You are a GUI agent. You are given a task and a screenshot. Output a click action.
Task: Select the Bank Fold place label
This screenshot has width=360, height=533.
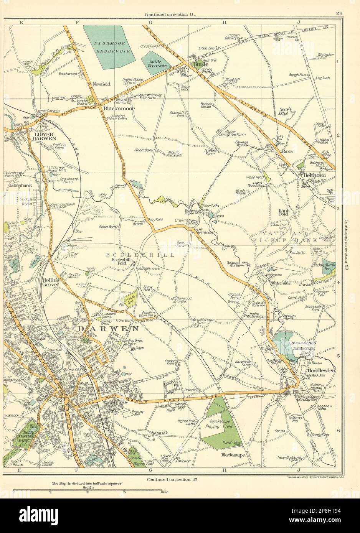[x=295, y=212]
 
